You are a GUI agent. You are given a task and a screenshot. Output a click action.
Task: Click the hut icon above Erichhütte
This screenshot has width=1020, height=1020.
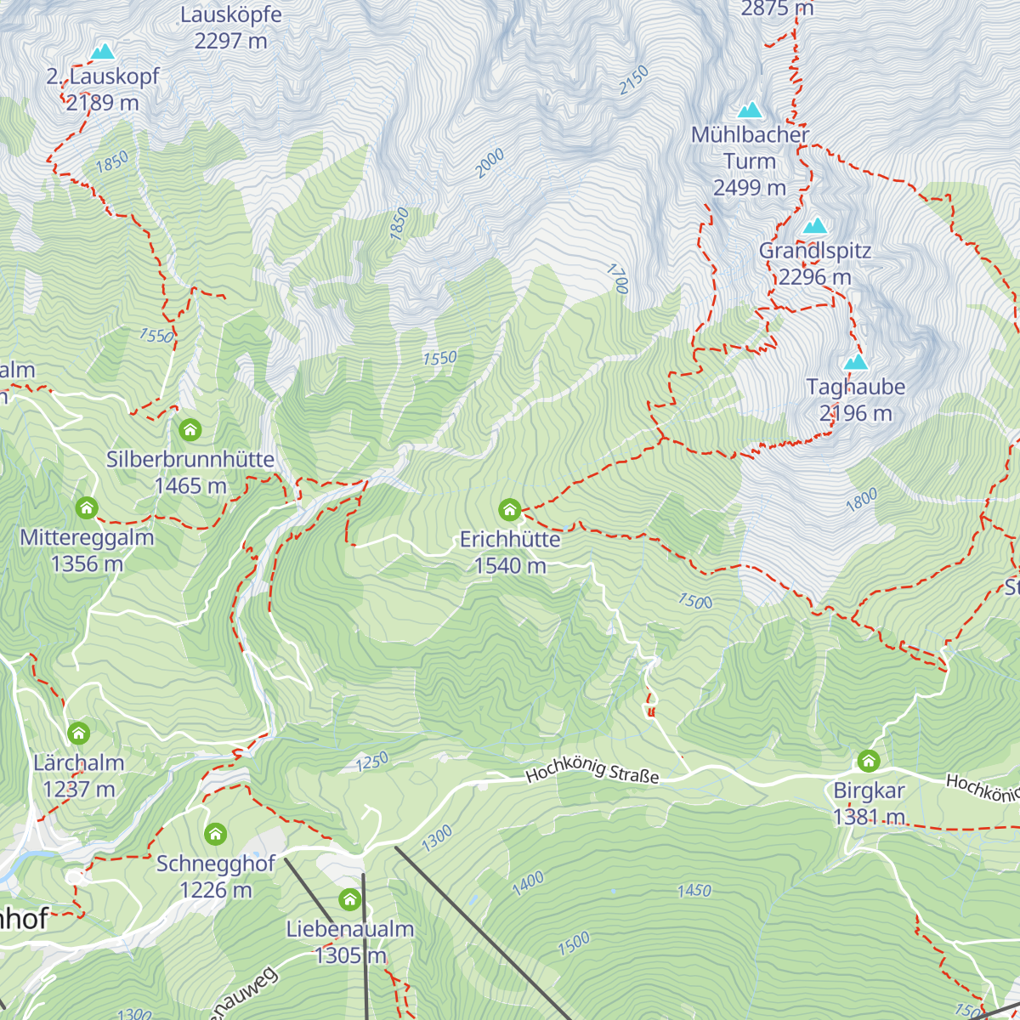(x=509, y=510)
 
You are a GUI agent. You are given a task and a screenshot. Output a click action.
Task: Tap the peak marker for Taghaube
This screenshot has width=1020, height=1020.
(x=856, y=362)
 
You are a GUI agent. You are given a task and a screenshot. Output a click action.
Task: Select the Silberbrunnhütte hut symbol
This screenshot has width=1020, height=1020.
(x=190, y=430)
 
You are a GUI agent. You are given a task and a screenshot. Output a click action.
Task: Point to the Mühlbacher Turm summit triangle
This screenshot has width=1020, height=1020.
(x=750, y=110)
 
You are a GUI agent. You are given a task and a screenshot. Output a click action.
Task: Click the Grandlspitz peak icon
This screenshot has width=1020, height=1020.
(x=815, y=226)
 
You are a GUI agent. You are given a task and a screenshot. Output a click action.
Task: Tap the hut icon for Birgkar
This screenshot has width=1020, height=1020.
(x=868, y=761)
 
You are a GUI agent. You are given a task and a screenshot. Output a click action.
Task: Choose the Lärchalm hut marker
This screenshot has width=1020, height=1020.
(x=78, y=733)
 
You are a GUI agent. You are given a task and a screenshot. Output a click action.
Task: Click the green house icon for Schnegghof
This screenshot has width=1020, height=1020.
(x=216, y=834)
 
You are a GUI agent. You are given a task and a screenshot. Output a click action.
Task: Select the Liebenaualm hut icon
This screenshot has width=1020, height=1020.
(x=350, y=899)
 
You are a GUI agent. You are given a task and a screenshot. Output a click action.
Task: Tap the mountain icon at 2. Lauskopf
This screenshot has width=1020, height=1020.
(x=103, y=52)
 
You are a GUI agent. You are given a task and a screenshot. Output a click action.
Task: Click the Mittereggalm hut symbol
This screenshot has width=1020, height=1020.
(x=86, y=508)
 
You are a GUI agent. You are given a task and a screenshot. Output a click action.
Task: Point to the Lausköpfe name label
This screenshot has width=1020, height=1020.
(x=231, y=14)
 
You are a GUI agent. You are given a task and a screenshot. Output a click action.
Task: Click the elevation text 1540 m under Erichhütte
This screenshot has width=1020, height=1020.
(x=510, y=566)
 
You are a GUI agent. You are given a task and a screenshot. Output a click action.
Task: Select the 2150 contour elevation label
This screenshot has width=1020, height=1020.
(x=633, y=80)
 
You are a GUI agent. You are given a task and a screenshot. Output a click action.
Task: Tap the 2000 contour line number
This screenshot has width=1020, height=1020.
(x=490, y=163)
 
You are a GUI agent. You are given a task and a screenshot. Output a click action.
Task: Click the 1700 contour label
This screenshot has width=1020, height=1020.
(x=617, y=279)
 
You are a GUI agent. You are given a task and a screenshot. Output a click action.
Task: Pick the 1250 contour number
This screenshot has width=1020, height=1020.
(x=371, y=762)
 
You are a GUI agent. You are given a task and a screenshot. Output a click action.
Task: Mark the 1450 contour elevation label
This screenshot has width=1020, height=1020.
(x=694, y=890)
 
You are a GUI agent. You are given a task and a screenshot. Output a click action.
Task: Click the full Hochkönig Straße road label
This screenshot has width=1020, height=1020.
(x=592, y=772)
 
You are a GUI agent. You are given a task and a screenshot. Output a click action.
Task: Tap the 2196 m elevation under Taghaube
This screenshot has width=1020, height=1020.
(x=856, y=414)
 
